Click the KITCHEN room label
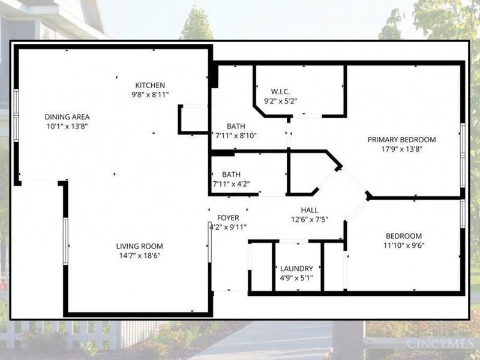[150, 85]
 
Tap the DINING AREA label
[67, 117]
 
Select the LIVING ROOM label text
[140, 246]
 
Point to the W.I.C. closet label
[280, 92]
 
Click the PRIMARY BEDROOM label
[401, 140]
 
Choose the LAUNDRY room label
[296, 269]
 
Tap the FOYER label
[228, 218]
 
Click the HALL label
[310, 210]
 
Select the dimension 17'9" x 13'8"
[401, 149]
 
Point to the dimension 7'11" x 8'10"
[236, 136]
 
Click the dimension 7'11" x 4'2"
[232, 184]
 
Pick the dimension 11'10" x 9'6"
[404, 245]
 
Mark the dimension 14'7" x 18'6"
[140, 256]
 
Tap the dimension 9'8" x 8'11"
[150, 95]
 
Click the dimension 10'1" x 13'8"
[67, 127]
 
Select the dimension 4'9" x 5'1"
[296, 278]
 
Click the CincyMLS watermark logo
[439, 343]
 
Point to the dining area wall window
[16, 115]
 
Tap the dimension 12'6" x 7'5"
[310, 220]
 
